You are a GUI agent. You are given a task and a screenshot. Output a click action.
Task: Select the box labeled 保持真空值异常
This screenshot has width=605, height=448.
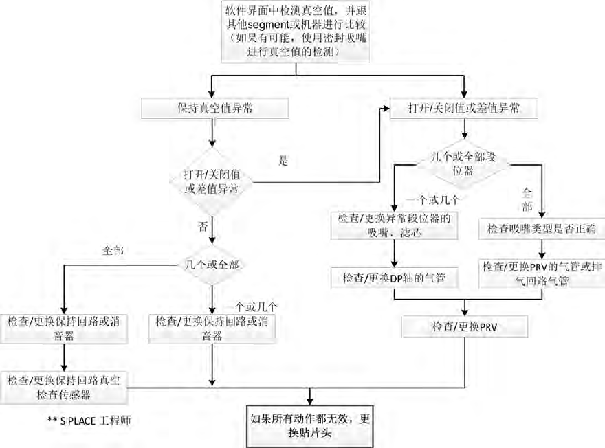pos(214,109)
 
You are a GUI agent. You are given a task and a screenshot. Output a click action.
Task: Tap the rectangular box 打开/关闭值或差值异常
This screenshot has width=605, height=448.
pos(465,109)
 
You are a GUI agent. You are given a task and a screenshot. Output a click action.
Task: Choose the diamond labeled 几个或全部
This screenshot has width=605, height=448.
pos(212,263)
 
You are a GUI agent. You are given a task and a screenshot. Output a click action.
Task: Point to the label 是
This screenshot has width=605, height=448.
pos(283,161)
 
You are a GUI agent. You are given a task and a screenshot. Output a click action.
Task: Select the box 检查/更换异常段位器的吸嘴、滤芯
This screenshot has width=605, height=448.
pos(393,225)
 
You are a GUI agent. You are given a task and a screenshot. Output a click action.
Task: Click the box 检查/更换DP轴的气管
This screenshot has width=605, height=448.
pos(393,278)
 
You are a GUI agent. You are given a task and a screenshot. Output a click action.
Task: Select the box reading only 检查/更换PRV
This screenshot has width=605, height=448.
pos(465,326)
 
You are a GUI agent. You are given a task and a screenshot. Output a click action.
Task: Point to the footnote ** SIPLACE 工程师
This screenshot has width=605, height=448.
pos(89,419)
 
